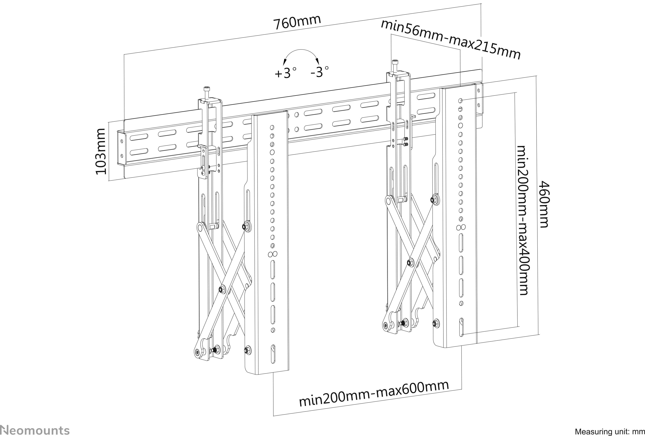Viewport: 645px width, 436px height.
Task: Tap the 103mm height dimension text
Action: pos(100,151)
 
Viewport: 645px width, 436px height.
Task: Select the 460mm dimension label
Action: pos(544,204)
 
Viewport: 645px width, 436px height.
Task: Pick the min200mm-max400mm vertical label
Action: pos(522,220)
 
